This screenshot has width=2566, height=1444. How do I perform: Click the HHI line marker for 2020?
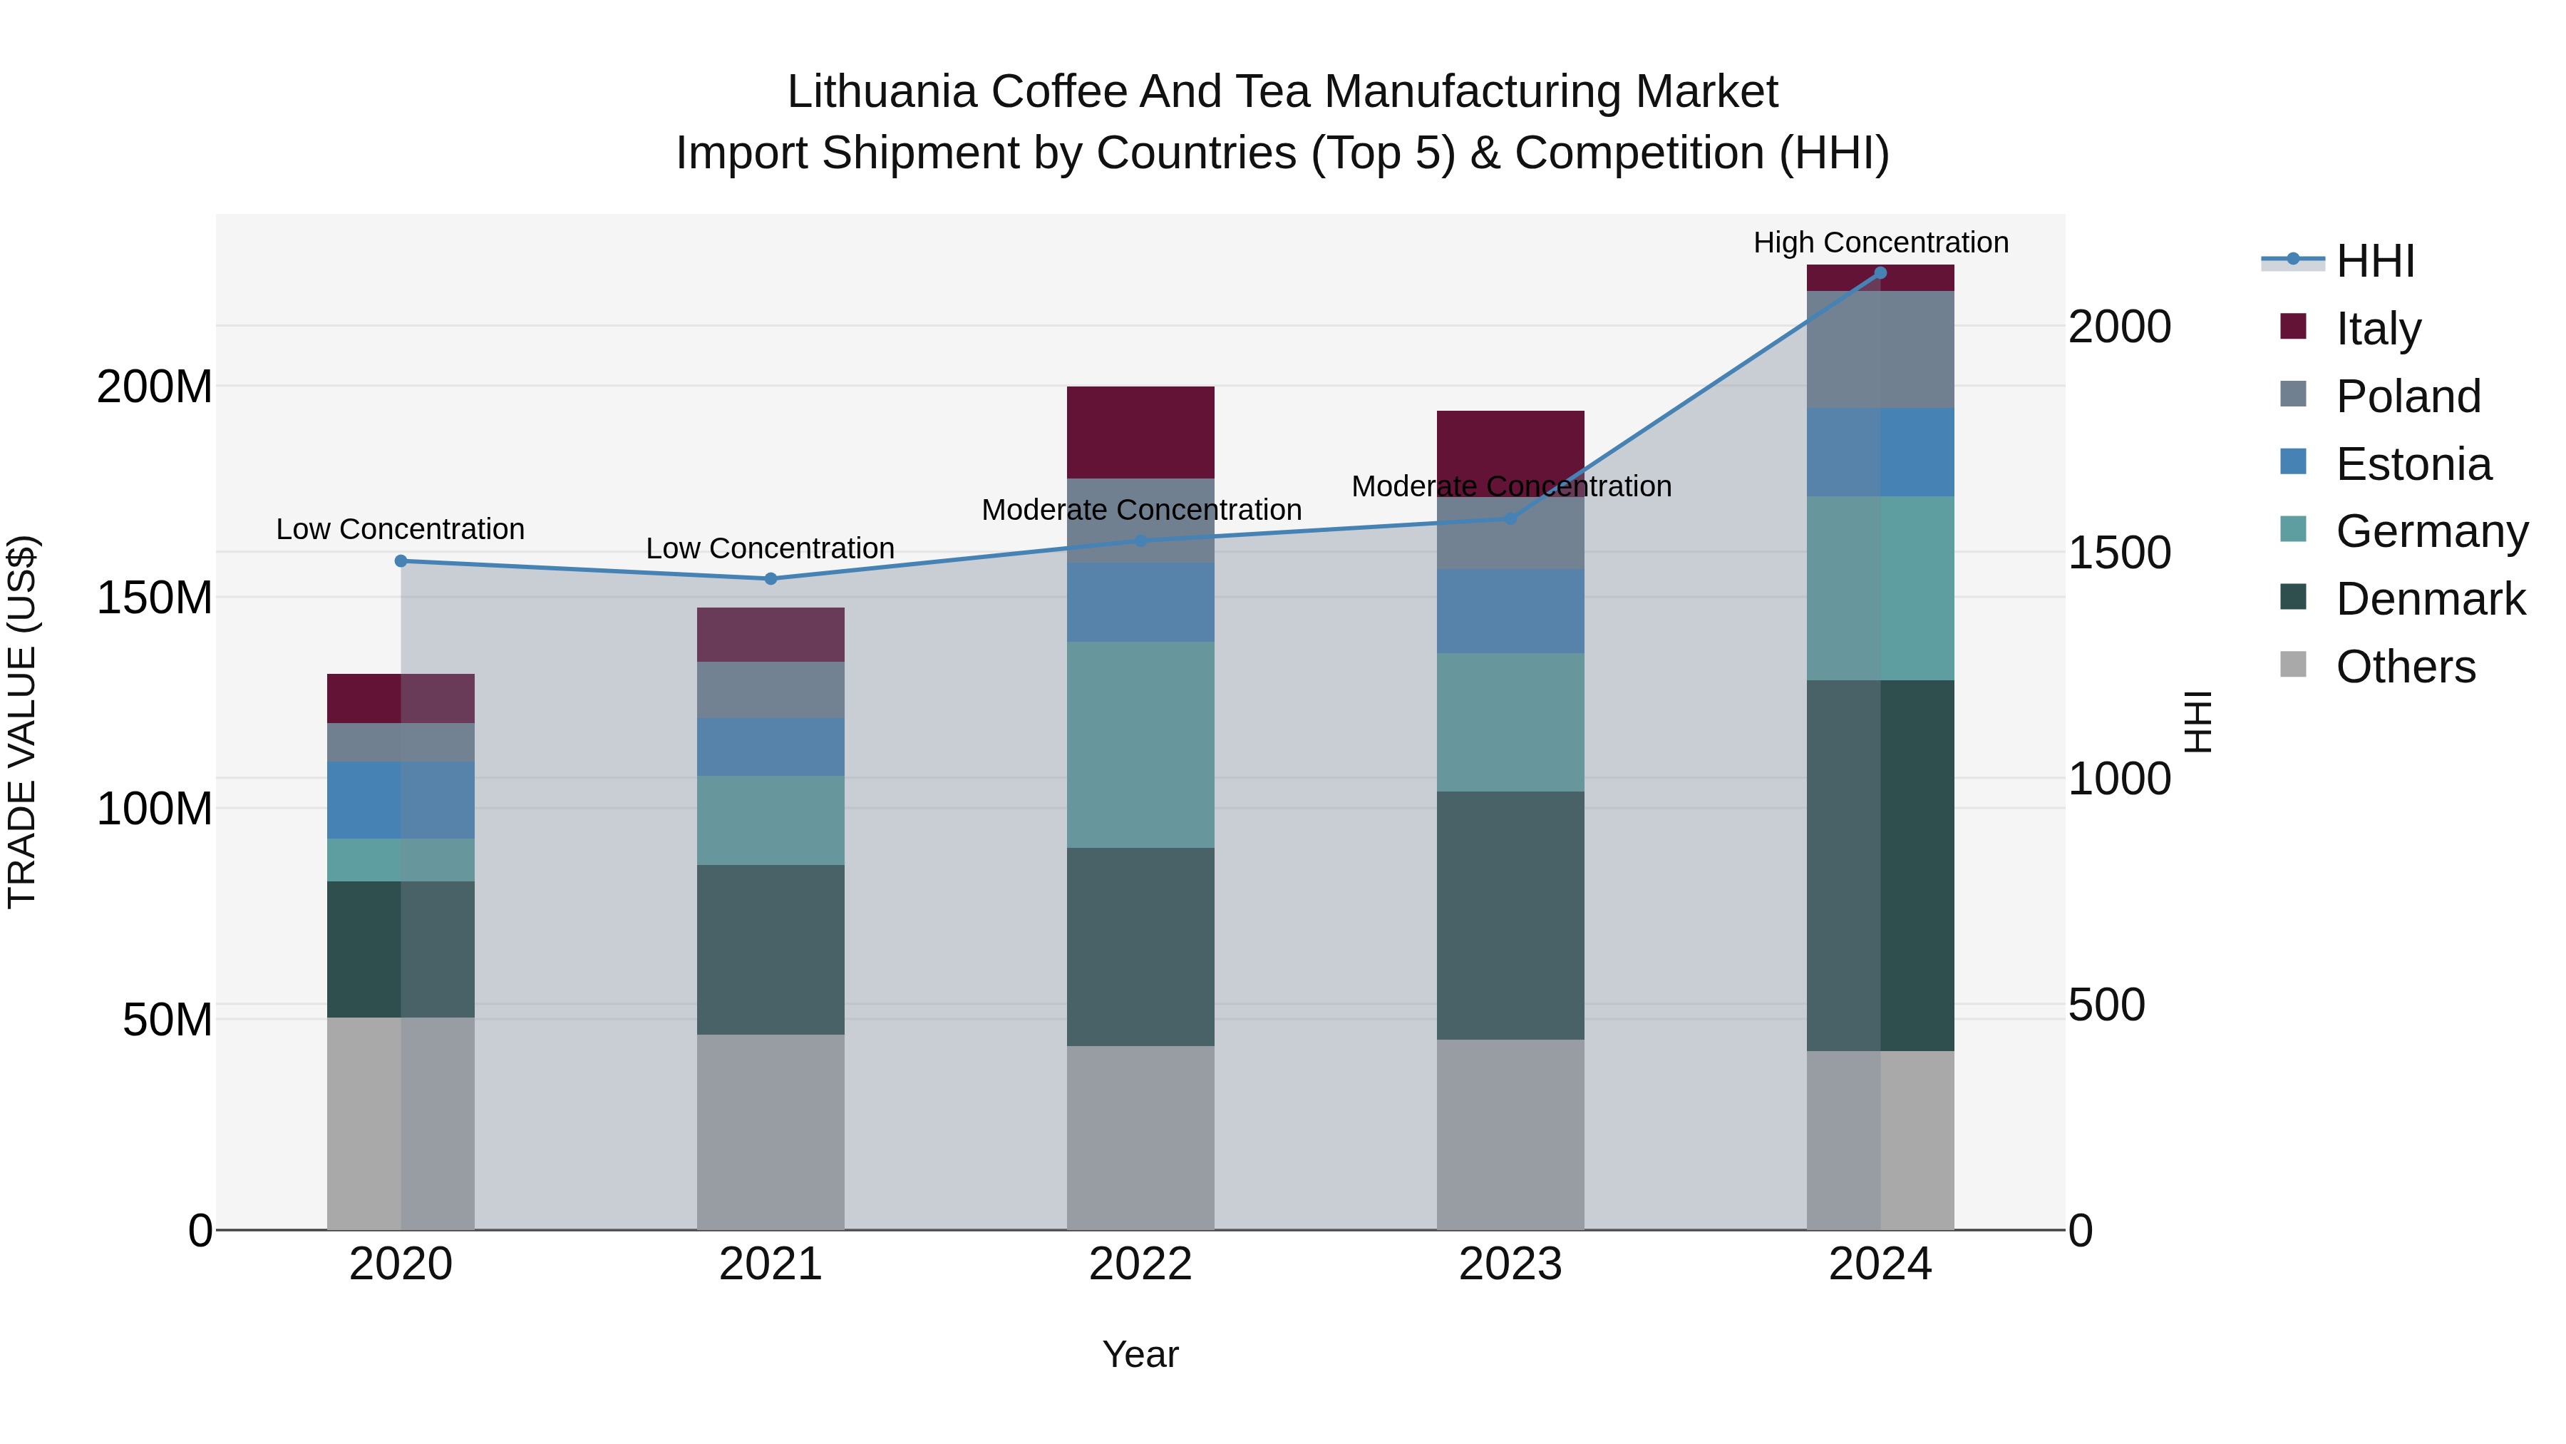pos(401,561)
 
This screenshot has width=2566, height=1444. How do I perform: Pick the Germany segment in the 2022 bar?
pos(1140,744)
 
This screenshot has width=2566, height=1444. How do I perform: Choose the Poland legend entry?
pos(2408,396)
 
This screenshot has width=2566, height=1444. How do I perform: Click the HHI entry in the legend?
pos(2375,261)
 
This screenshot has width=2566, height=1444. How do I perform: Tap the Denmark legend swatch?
pos(2292,598)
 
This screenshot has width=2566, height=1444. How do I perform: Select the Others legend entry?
pos(2405,667)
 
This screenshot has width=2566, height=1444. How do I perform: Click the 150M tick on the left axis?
pos(155,598)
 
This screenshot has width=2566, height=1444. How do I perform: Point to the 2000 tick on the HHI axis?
pos(2120,327)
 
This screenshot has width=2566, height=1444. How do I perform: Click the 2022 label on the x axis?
pos(1140,1264)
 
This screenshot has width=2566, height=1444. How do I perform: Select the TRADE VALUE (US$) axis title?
pos(22,722)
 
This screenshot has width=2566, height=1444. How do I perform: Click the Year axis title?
pos(1140,1354)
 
